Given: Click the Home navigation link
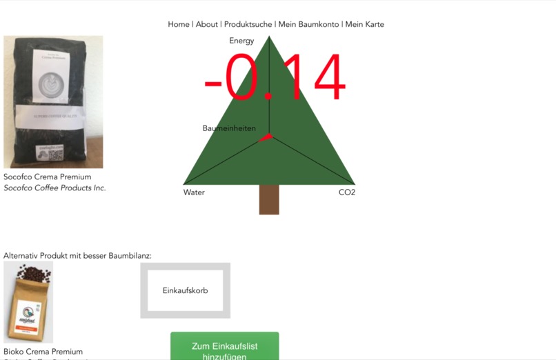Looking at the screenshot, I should [x=179, y=24].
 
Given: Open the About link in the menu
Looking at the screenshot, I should [x=207, y=24].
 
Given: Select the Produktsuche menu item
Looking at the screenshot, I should [x=248, y=24].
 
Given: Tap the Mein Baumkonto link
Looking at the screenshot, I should [x=308, y=24].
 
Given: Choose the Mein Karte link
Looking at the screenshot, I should [x=365, y=24].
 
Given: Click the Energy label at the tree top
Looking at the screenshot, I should [x=241, y=41].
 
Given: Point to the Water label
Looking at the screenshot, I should [x=194, y=192].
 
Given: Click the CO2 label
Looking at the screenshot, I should [x=347, y=192].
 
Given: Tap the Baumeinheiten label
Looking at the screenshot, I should [x=229, y=128].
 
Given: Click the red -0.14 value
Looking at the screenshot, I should [x=274, y=79].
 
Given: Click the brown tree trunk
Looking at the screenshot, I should [x=269, y=199].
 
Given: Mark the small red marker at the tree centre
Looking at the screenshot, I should [x=266, y=137].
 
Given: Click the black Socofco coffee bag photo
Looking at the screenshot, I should [x=53, y=102].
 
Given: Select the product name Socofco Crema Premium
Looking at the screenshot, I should [x=48, y=177].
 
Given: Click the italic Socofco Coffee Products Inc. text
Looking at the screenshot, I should [x=55, y=188].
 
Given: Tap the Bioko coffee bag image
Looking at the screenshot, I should [x=28, y=302].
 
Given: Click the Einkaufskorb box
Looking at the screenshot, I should [x=185, y=290].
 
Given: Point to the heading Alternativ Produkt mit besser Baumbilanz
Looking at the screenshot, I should [x=77, y=256].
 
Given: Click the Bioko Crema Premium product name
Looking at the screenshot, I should [x=43, y=352].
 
